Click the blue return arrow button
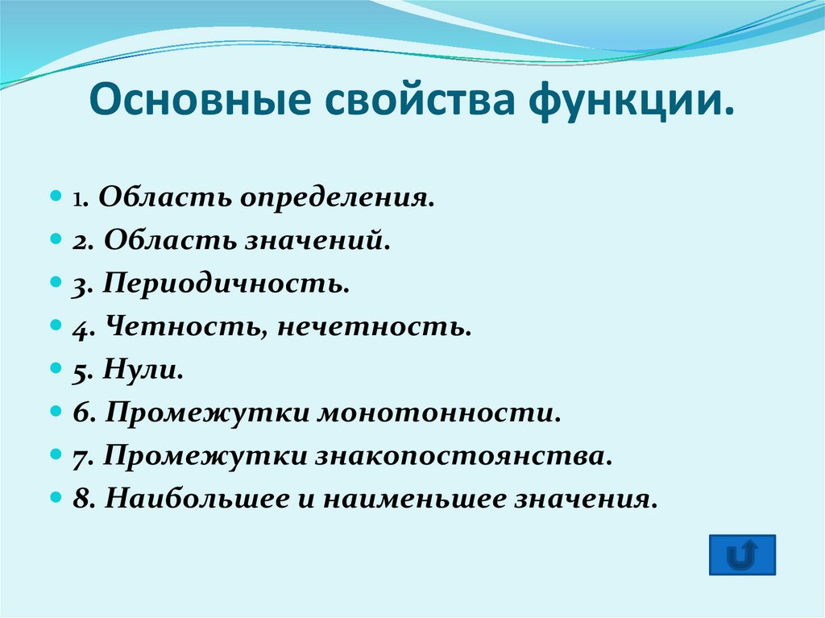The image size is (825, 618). coord(742,554)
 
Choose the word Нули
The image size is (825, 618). coord(142,370)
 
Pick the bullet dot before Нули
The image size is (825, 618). coord(56,370)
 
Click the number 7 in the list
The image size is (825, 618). coord(79,457)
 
